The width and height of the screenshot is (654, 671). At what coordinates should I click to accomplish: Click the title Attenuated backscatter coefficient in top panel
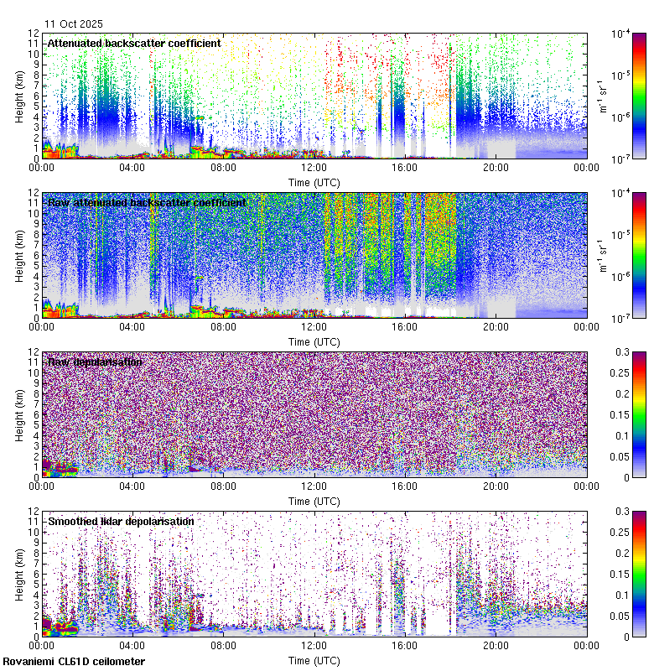134,43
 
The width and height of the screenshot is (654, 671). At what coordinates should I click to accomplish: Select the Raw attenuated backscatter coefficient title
147,202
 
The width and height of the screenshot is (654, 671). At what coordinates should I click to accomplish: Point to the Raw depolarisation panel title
95,362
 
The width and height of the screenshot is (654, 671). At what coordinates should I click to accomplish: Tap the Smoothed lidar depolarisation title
121,521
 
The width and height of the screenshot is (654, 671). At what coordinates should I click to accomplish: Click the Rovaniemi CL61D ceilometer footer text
74,662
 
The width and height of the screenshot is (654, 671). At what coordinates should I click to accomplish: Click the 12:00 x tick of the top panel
314,167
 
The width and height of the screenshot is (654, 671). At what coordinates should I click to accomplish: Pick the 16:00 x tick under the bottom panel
405,645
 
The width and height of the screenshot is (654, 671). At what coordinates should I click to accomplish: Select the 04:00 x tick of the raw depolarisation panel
132,486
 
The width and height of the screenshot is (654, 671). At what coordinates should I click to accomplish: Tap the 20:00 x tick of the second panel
496,326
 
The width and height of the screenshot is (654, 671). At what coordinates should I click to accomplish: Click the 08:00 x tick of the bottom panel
224,645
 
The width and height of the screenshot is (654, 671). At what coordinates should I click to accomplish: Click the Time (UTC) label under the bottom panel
314,660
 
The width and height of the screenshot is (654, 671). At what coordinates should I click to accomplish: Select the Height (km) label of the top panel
19,96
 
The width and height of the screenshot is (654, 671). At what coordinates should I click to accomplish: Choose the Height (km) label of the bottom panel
19,574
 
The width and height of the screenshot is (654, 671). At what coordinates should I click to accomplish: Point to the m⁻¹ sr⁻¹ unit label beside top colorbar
601,96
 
